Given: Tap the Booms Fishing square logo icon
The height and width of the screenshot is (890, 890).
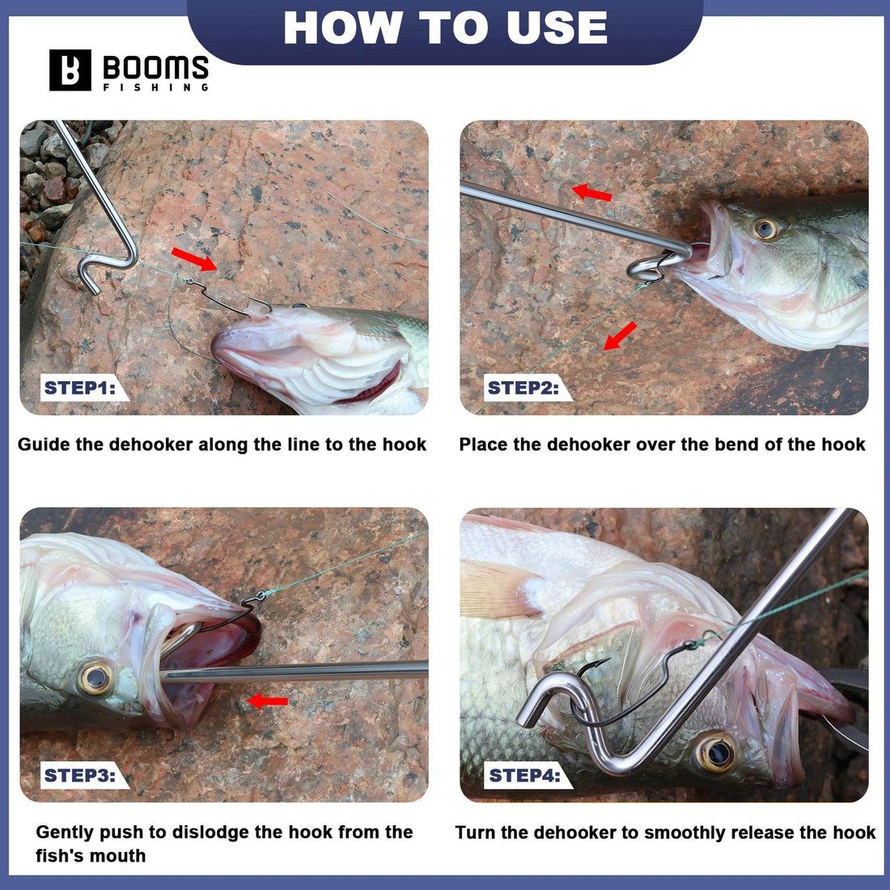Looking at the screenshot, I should point(70,70).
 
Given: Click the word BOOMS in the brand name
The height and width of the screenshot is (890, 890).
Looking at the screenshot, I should point(155,67).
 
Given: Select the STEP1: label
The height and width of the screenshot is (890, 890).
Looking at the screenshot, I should point(79,388).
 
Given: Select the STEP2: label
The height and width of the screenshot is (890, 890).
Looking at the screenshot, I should point(523,388).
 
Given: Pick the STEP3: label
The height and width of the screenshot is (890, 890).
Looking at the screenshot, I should point(79,775).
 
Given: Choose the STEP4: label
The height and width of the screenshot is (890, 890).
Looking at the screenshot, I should point(524,775).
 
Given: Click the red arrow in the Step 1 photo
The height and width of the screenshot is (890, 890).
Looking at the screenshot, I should point(194,259).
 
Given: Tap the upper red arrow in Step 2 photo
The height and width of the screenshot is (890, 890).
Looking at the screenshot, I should point(591,193).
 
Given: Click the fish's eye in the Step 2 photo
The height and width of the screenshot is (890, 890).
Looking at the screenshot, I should point(765,228).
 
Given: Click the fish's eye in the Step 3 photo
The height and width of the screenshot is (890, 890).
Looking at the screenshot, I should point(96,678).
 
